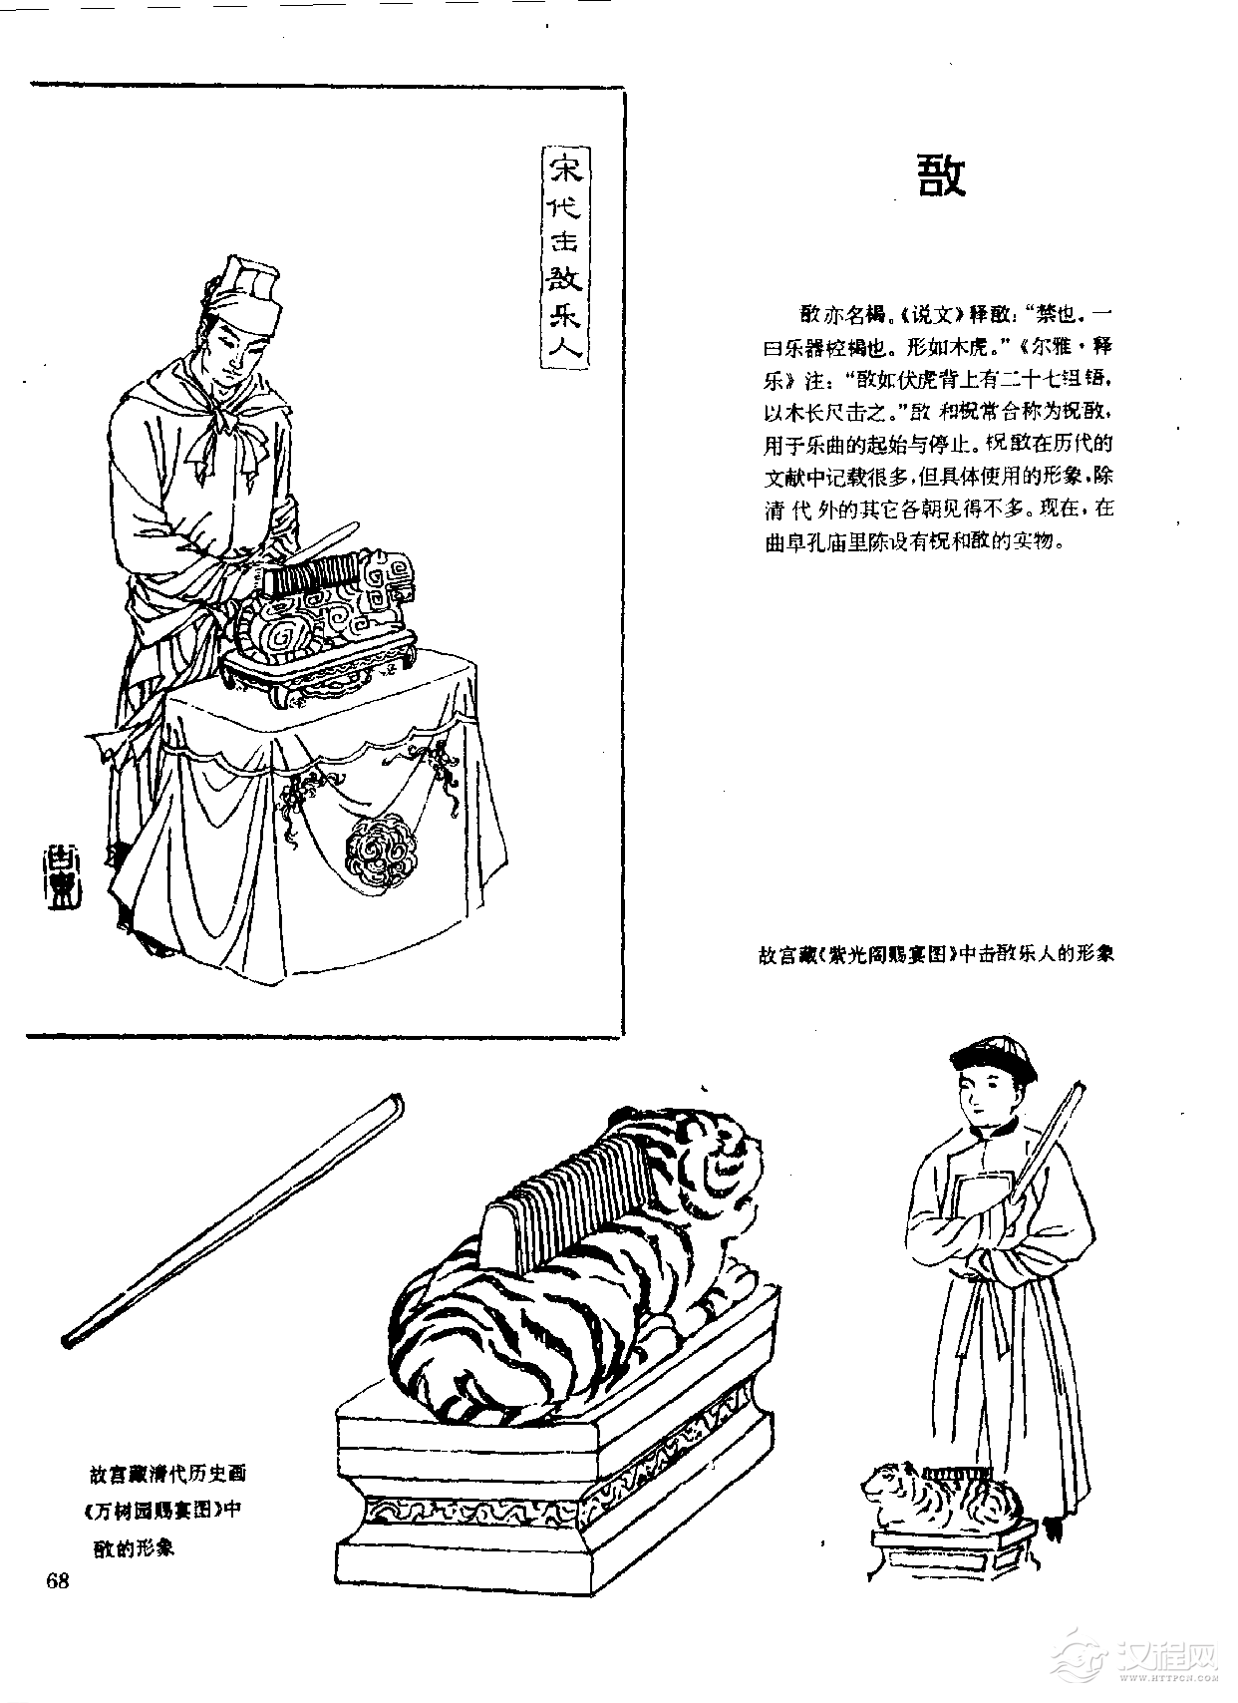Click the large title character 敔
click(941, 176)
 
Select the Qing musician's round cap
click(992, 1057)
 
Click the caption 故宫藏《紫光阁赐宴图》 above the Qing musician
click(934, 954)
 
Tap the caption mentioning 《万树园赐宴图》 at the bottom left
click(164, 1510)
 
